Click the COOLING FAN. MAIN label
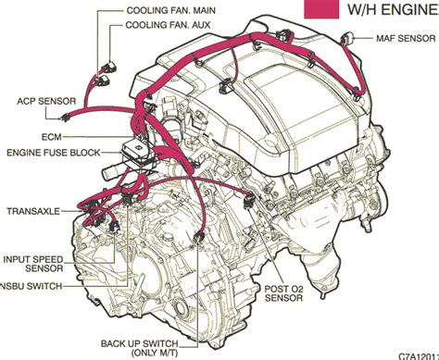[171, 10]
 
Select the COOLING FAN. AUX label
[168, 25]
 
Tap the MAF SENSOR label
[406, 39]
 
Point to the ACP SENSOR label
[46, 101]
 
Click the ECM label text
[52, 137]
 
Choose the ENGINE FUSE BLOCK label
[54, 153]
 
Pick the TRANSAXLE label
[33, 211]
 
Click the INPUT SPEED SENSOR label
[33, 264]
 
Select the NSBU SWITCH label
[31, 286]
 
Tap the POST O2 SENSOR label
[284, 293]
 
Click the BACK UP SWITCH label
[140, 343]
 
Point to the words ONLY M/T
[155, 353]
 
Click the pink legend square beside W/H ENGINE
[321, 9]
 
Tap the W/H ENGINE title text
[393, 9]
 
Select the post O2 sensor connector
[249, 201]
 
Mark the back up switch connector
[198, 238]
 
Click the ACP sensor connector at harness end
[65, 118]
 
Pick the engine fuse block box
[138, 155]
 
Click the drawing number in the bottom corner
[419, 356]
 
